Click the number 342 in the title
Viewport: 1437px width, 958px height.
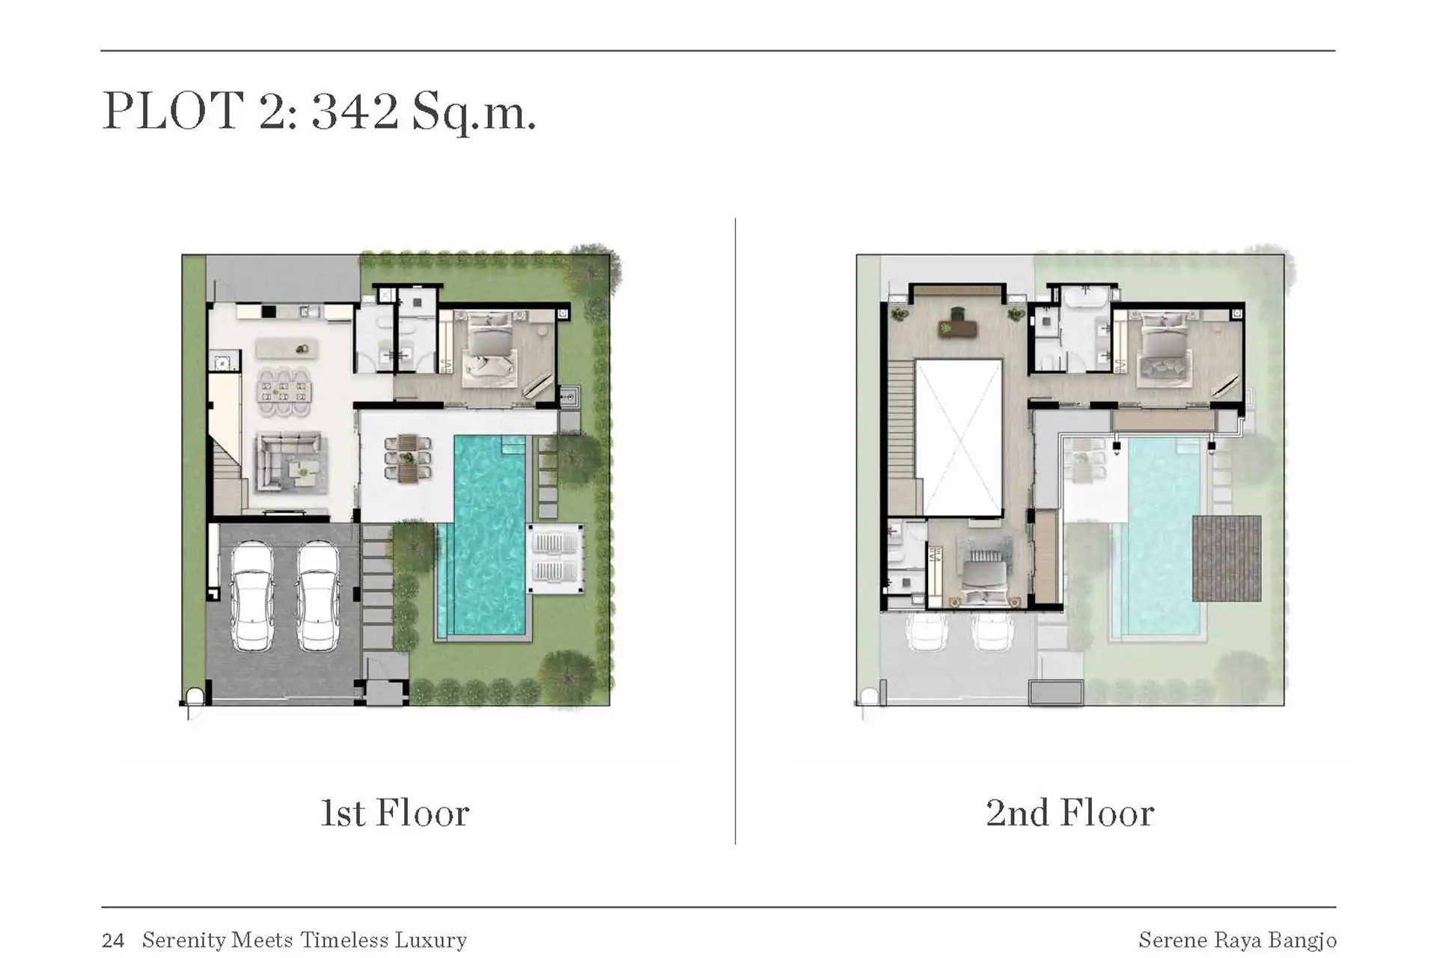click(355, 110)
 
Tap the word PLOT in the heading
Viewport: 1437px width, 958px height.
click(173, 110)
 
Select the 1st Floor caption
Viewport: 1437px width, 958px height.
click(394, 813)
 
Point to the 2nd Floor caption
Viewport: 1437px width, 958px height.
click(1070, 813)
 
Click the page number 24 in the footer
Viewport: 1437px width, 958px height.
click(113, 940)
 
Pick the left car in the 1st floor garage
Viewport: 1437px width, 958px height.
click(251, 596)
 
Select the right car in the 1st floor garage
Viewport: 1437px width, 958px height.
click(319, 596)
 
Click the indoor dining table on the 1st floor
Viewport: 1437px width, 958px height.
click(284, 391)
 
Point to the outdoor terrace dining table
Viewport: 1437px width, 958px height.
click(408, 459)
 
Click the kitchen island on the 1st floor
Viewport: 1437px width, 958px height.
click(287, 349)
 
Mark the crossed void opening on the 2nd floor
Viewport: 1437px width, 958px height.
click(959, 438)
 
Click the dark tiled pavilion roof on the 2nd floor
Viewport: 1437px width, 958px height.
click(1227, 558)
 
